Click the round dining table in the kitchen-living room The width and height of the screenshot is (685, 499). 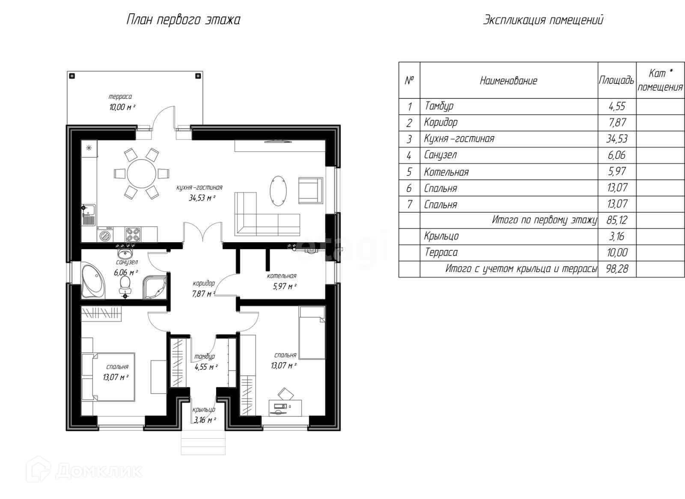[141, 174]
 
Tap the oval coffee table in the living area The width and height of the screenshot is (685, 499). [278, 190]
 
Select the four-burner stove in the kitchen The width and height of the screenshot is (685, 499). [133, 235]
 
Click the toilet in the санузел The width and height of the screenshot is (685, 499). [125, 285]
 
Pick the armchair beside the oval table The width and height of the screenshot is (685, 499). [310, 190]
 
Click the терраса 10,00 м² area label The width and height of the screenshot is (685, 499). [122, 102]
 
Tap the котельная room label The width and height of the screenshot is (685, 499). [281, 276]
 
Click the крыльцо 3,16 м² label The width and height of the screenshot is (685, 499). [204, 415]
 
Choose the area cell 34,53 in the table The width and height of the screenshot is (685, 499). [617, 139]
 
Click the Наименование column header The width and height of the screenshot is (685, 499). [508, 81]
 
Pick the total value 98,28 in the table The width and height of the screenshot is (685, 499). [617, 269]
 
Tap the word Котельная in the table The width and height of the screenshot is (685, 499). [446, 172]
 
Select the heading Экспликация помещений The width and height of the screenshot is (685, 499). [543, 20]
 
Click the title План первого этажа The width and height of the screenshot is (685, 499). [183, 20]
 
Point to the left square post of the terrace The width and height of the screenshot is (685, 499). [72, 76]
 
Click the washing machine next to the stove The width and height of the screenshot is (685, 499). [105, 235]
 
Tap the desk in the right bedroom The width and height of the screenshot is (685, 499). [285, 407]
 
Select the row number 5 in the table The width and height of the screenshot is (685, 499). [409, 172]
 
